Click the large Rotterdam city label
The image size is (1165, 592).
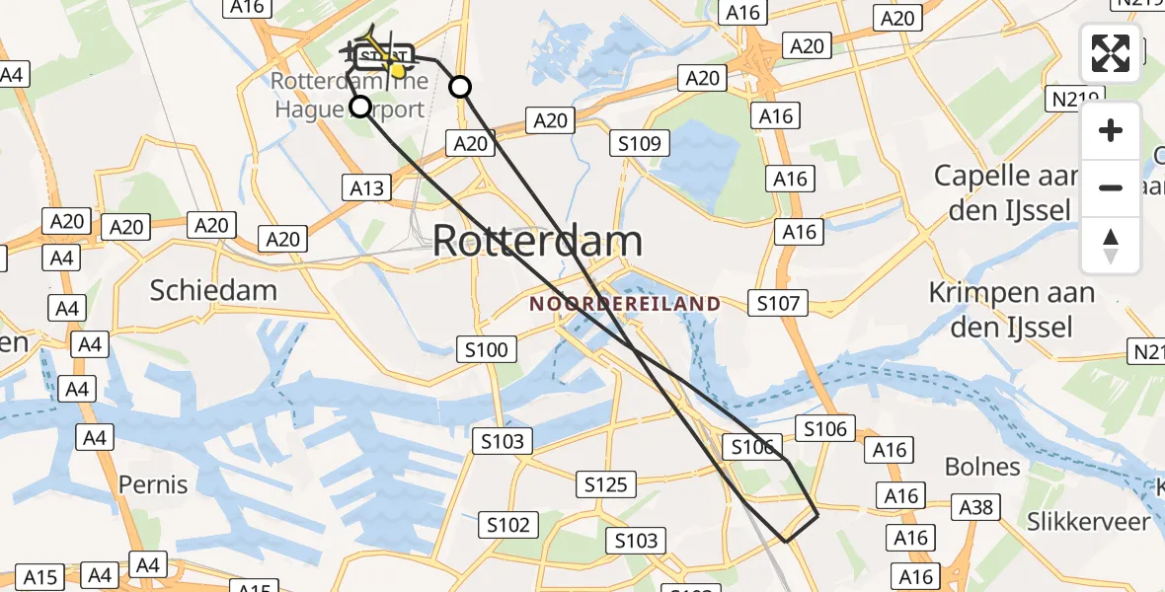tap(537, 241)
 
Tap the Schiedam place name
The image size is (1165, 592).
tap(213, 290)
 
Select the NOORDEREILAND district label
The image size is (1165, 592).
tap(625, 304)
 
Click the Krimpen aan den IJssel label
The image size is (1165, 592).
tap(1012, 309)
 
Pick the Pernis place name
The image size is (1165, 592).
tap(153, 484)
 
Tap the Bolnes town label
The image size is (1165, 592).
tap(982, 467)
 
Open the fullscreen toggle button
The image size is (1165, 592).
tap(1111, 53)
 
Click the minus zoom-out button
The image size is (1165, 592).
tap(1111, 187)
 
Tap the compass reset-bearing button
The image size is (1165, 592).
tap(1111, 245)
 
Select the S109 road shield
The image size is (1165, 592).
tap(640, 144)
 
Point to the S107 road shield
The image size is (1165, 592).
tap(777, 303)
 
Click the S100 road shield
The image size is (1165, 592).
tap(486, 349)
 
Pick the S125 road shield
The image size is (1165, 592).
tap(605, 484)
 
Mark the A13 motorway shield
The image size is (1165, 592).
tap(367, 187)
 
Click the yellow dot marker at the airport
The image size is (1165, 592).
tap(397, 69)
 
